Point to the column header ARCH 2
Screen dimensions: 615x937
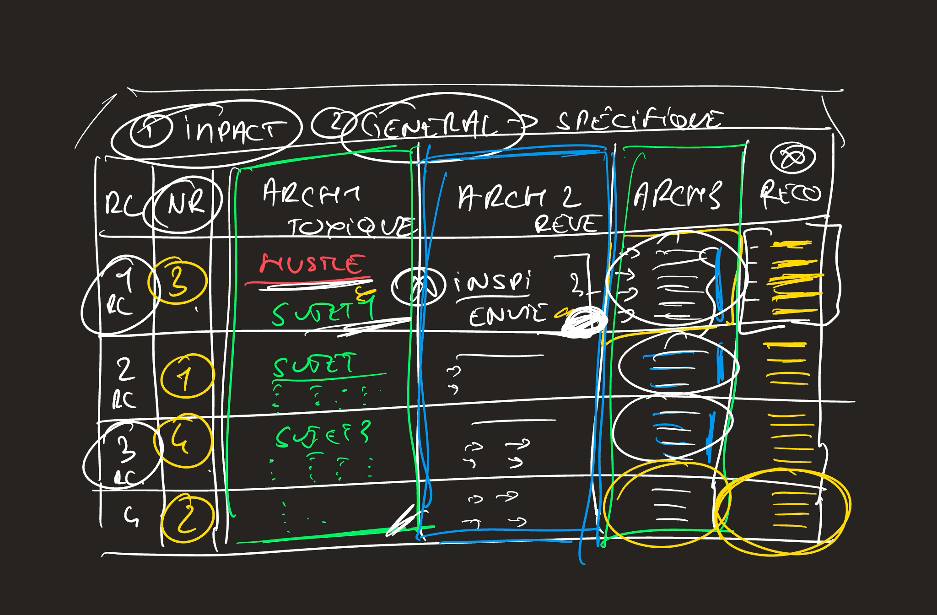coord(519,198)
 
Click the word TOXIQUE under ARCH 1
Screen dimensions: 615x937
coord(350,226)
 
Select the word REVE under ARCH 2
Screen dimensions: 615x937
coord(566,224)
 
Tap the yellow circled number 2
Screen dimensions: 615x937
coord(187,518)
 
